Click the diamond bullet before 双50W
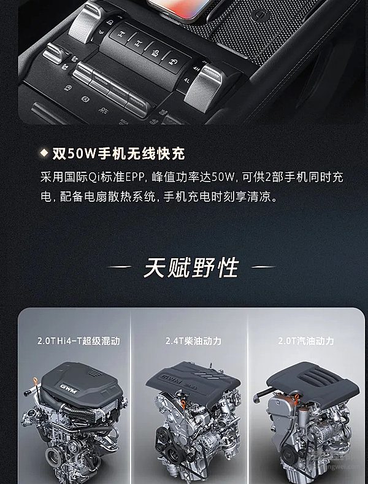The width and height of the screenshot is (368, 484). [x=44, y=152]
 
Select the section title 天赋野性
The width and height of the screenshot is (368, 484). [x=190, y=267]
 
